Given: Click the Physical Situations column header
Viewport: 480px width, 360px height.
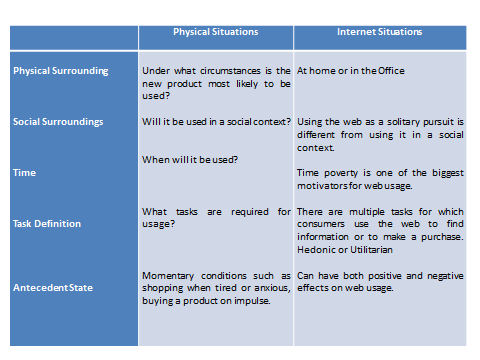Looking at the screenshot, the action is (x=215, y=32).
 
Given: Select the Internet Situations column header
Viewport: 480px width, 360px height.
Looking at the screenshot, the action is (x=379, y=32).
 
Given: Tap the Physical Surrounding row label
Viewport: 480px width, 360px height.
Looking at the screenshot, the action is (x=59, y=72).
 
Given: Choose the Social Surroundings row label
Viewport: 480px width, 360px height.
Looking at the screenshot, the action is (x=58, y=122).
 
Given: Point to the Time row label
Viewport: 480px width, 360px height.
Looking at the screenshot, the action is (x=25, y=173).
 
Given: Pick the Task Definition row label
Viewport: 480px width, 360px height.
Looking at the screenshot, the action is (x=47, y=224).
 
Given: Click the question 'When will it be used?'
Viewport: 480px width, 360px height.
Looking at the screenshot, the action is (x=189, y=160).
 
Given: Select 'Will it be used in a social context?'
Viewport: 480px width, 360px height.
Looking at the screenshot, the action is (x=216, y=122).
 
